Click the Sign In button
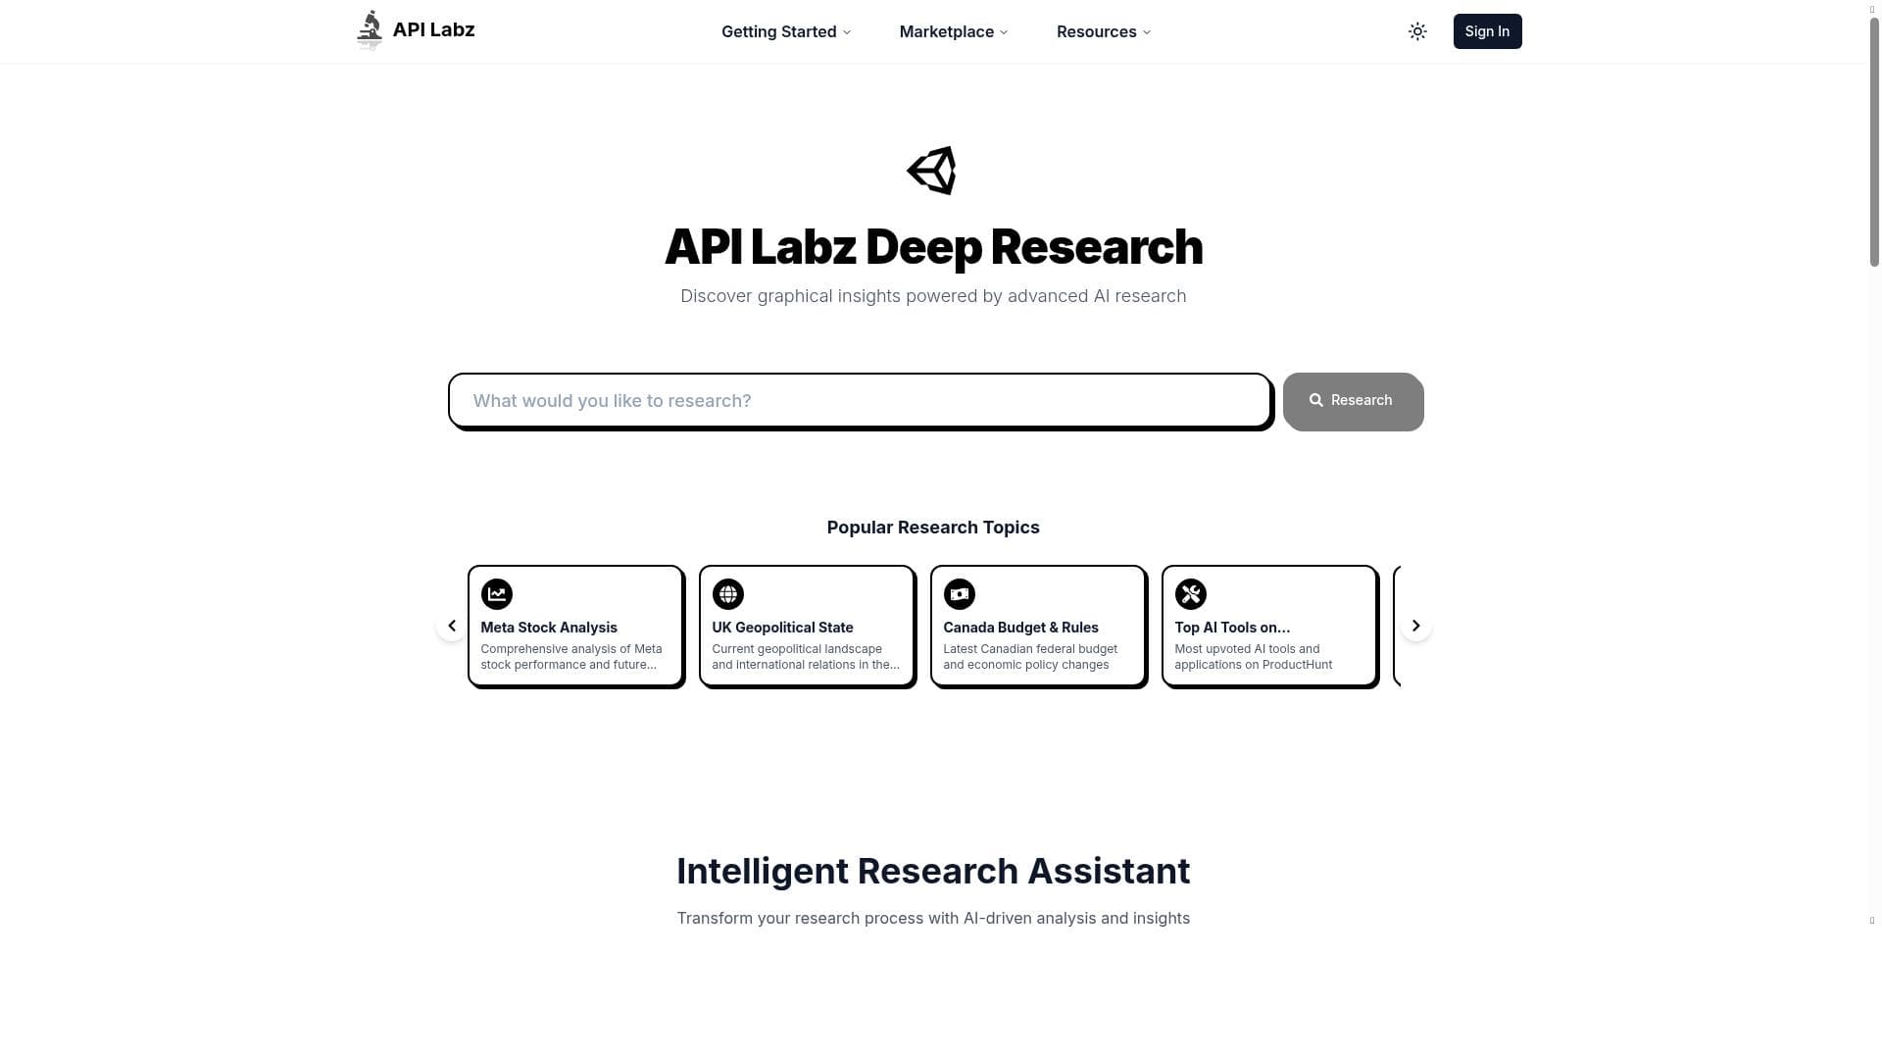1487,31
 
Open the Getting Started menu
785,31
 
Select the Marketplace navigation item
953,31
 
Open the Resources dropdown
1103,31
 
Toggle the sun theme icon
1417,31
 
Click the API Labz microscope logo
370,29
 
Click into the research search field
860,400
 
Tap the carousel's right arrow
1415,626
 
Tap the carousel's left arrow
452,626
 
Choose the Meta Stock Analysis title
549,628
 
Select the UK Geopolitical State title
782,628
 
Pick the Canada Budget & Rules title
1020,628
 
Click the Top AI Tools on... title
1232,628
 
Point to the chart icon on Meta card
497,594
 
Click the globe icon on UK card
728,594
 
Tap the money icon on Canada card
960,594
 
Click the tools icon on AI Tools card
1191,594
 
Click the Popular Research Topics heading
933,528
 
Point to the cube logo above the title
932,171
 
